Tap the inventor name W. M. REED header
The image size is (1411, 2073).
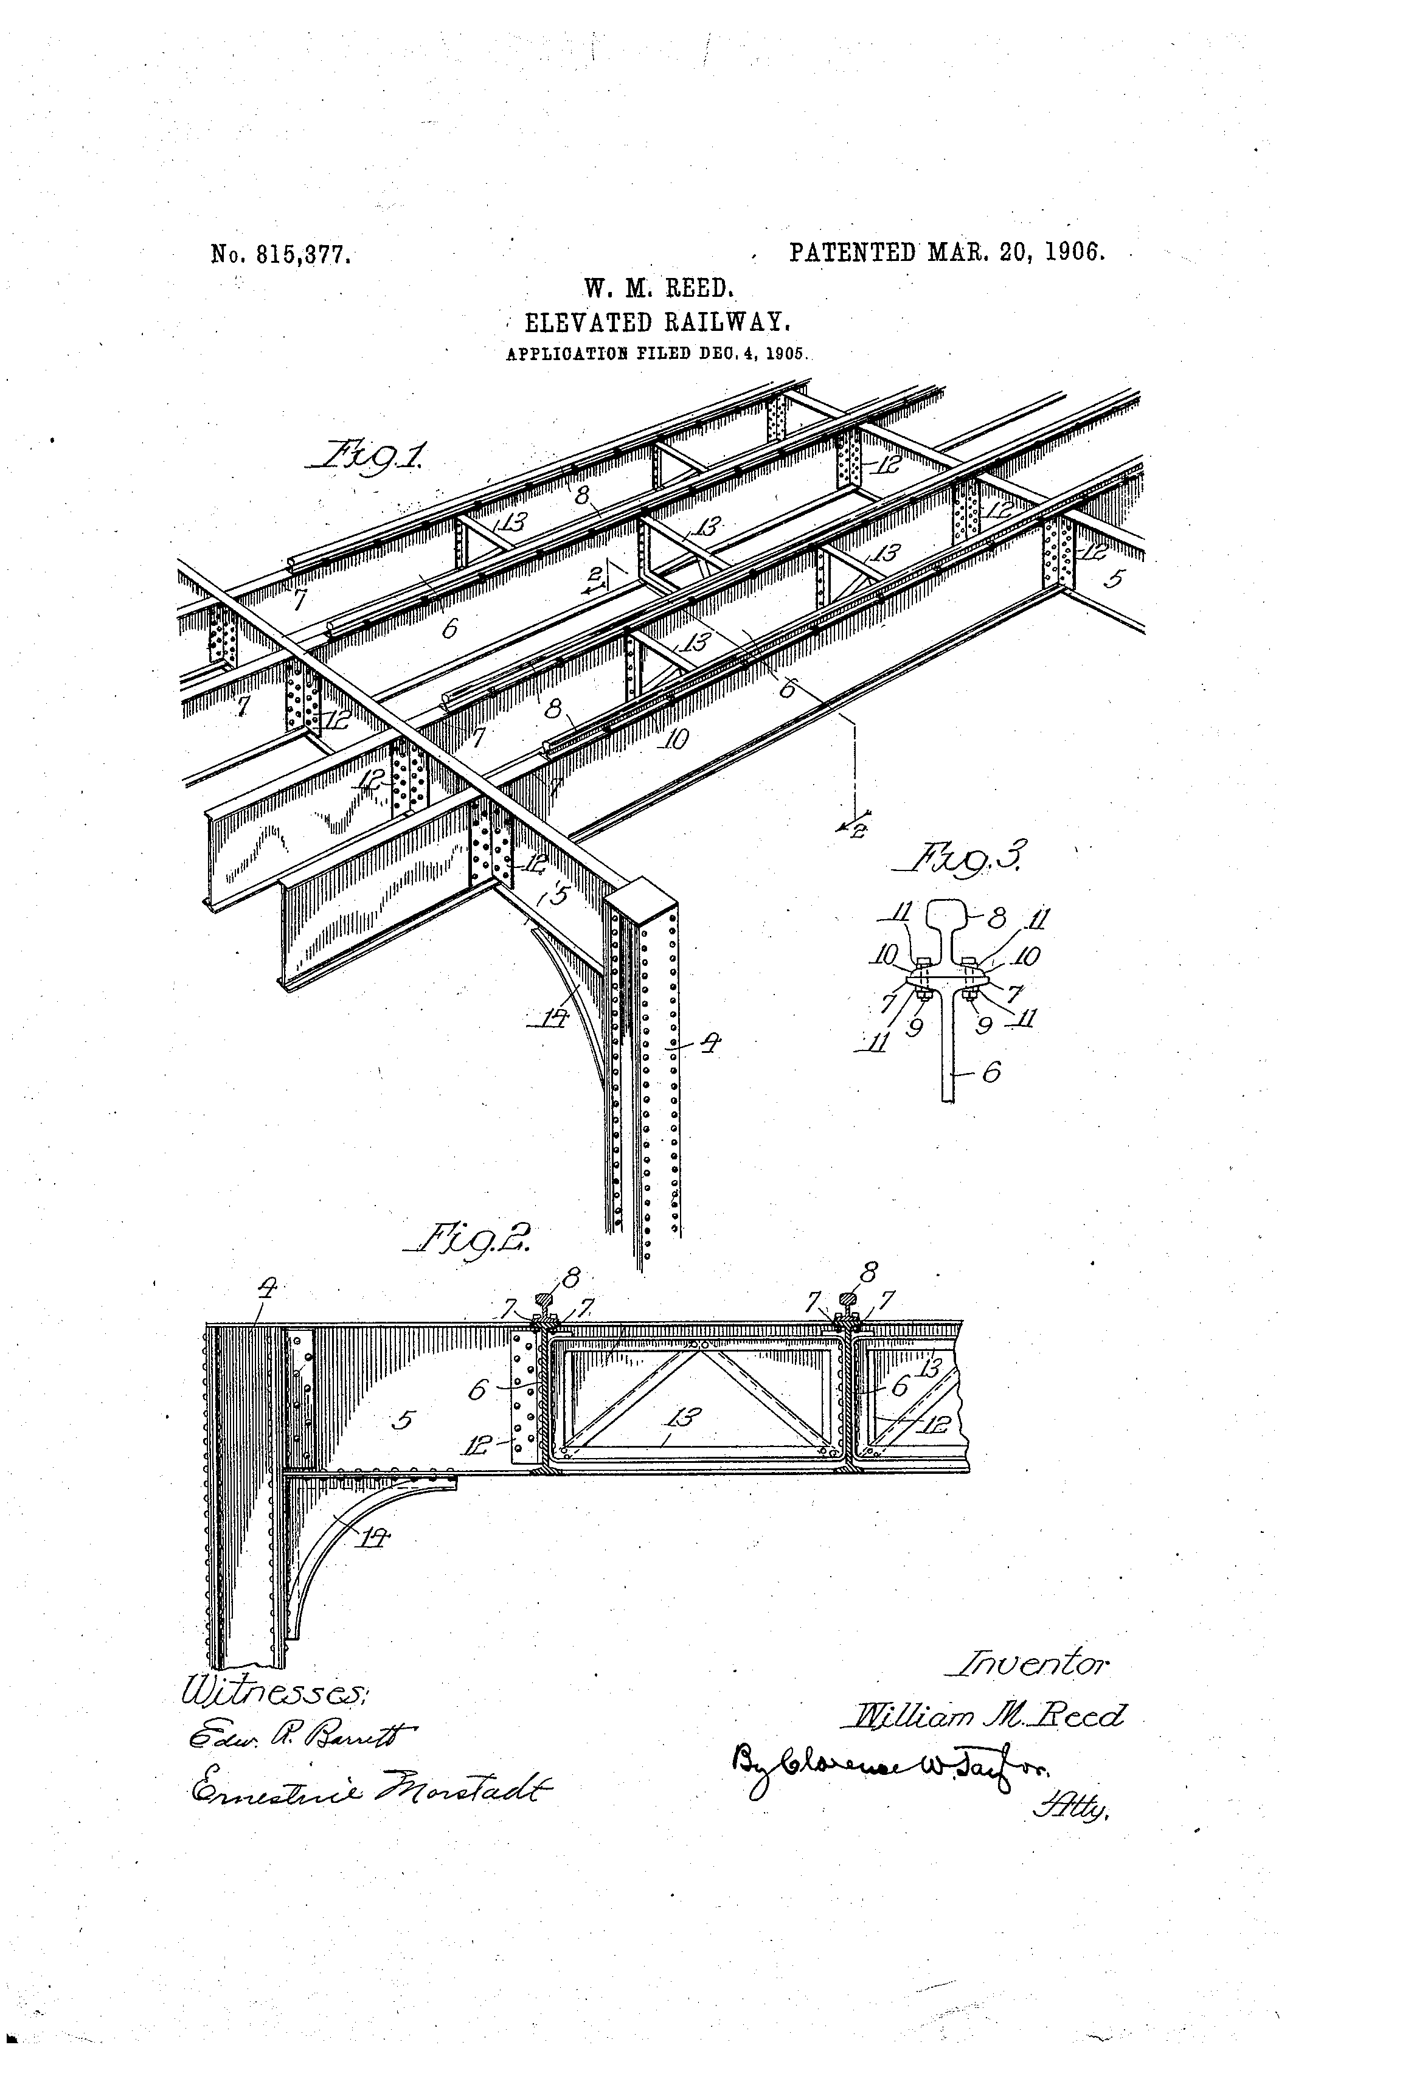pyautogui.click(x=658, y=288)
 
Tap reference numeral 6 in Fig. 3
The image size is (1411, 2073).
pyautogui.click(x=990, y=1072)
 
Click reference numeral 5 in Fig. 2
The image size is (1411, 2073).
pyautogui.click(x=403, y=1420)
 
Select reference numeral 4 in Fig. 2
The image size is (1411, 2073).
pyautogui.click(x=266, y=1288)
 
